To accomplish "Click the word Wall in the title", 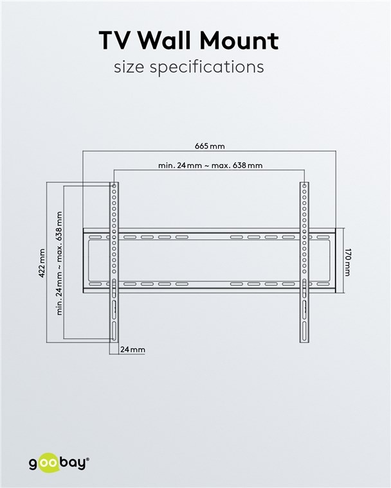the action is click(x=165, y=40).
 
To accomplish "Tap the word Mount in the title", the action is click(x=239, y=40).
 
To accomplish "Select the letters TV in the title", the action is click(x=115, y=40).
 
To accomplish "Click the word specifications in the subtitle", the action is click(x=206, y=67).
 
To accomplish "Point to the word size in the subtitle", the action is click(x=129, y=67).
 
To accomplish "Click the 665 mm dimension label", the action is click(x=210, y=146).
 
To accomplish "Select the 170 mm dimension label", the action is click(x=347, y=262).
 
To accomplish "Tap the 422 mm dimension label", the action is click(x=41, y=263).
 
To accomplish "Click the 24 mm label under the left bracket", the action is click(x=133, y=349).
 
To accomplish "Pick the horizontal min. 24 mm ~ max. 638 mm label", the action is click(x=210, y=165).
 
